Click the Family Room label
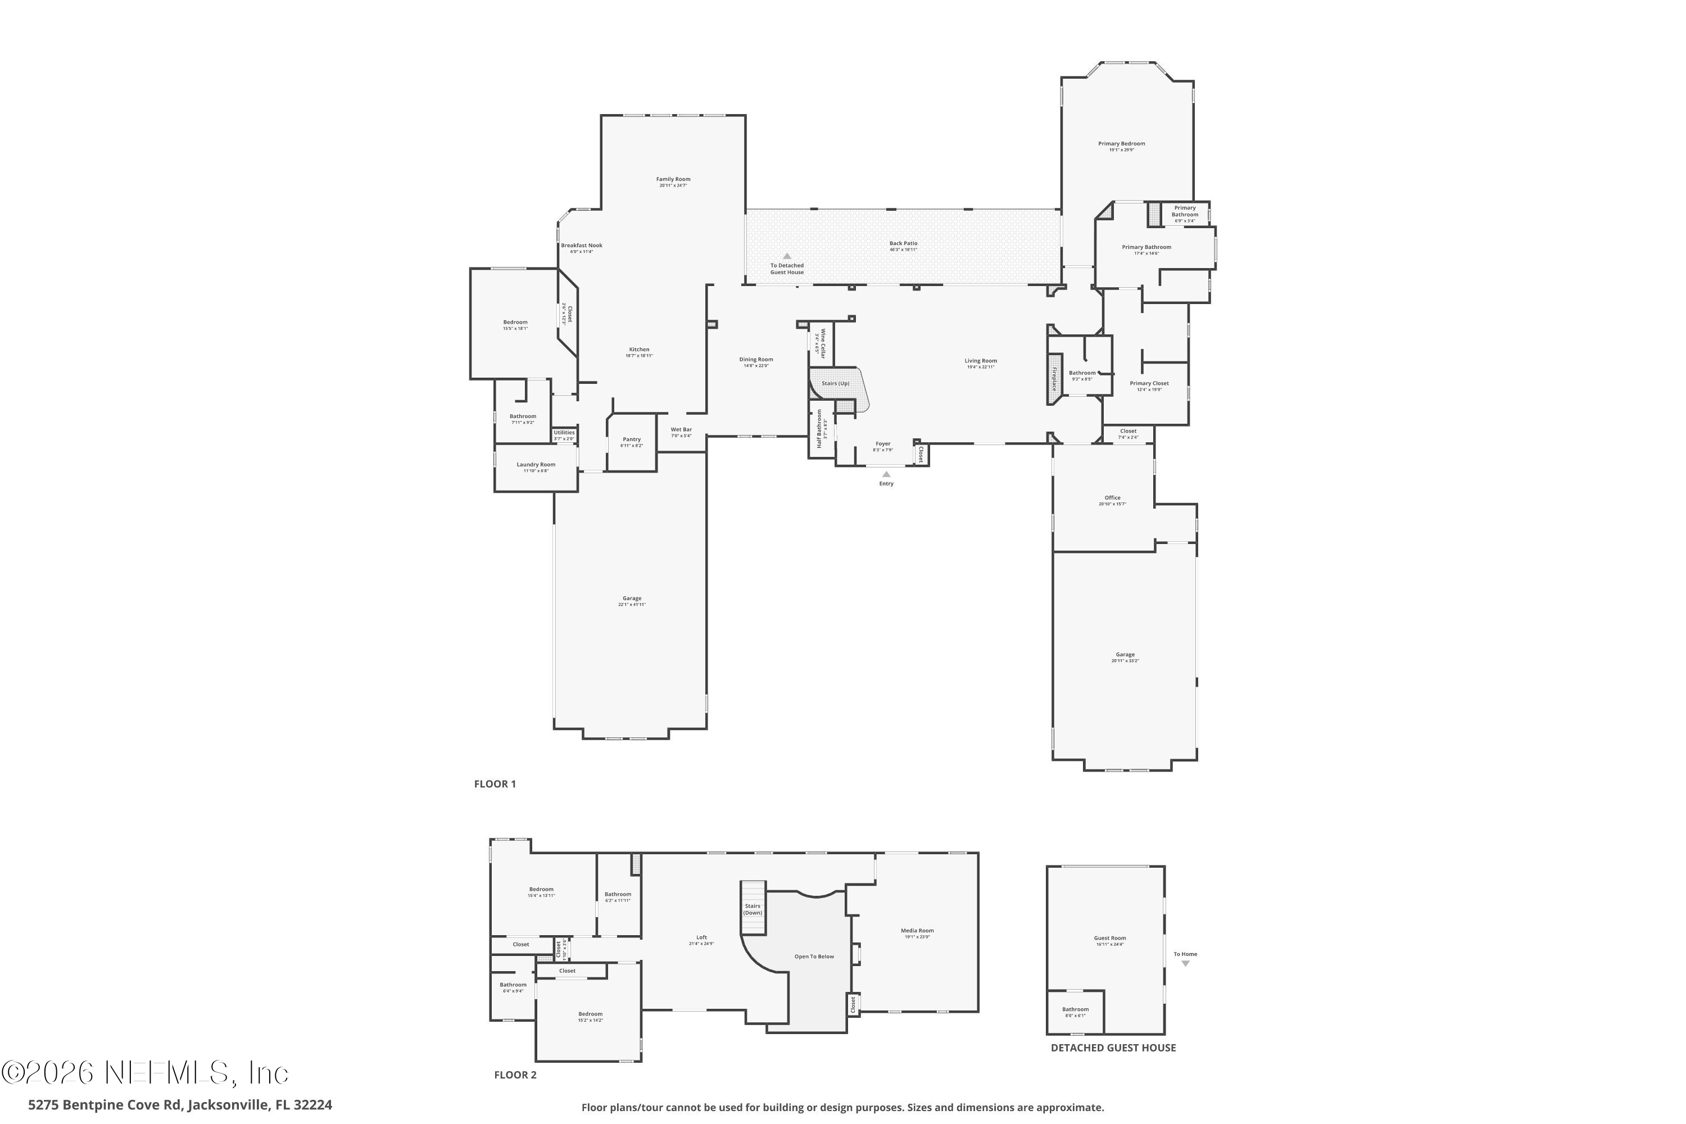point(673,179)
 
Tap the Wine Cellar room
point(822,344)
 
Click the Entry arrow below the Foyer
point(886,474)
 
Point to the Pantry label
point(632,439)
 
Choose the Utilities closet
point(564,434)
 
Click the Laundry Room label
point(536,465)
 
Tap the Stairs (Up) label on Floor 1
point(835,383)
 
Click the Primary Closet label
point(1149,383)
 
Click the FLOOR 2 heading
point(515,1075)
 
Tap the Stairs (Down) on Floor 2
point(753,908)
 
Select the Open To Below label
point(814,957)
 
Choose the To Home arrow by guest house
point(1185,963)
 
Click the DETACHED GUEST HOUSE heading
point(1113,1048)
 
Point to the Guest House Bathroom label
point(1075,1009)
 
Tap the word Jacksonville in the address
point(229,1105)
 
